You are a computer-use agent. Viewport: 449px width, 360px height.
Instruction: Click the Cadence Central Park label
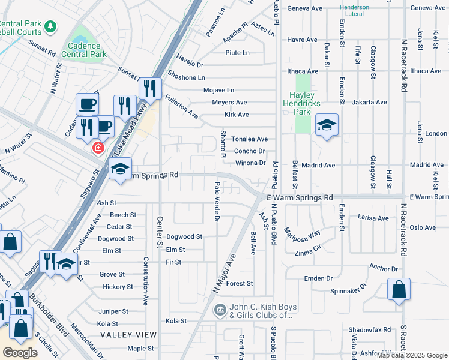[88, 50]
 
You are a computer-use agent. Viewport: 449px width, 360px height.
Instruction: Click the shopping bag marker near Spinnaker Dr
[399, 290]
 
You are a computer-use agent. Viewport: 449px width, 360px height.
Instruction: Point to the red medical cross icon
[97, 148]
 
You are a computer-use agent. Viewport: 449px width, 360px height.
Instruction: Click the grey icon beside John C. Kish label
[220, 310]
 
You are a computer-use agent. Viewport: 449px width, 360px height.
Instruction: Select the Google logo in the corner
[20, 353]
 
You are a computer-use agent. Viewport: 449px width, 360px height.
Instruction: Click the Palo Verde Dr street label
[217, 200]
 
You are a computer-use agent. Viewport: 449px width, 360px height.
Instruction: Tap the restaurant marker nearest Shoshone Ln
[150, 89]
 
